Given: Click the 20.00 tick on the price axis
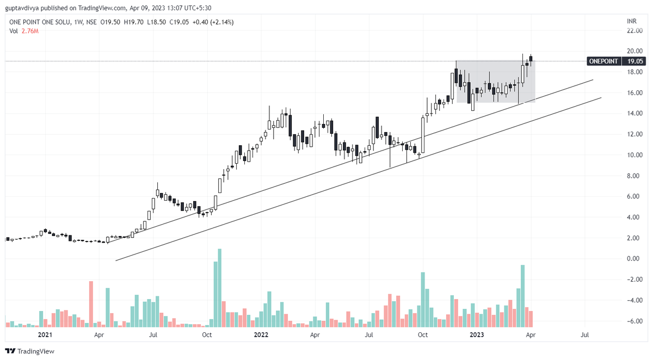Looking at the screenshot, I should tap(634, 51).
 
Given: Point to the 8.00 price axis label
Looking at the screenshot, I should tap(634, 176).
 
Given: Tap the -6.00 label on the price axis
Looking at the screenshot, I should tap(633, 321).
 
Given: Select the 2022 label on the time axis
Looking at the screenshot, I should tap(262, 336).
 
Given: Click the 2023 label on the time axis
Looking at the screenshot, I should tap(477, 336).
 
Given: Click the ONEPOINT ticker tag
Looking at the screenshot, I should tap(603, 61).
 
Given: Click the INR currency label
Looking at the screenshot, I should tap(632, 21).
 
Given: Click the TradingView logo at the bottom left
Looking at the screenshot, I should tap(30, 351).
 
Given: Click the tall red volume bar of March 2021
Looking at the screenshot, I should tap(91, 303).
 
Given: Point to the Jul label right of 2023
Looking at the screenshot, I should tap(585, 336).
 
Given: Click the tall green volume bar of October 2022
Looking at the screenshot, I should tap(422, 299).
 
